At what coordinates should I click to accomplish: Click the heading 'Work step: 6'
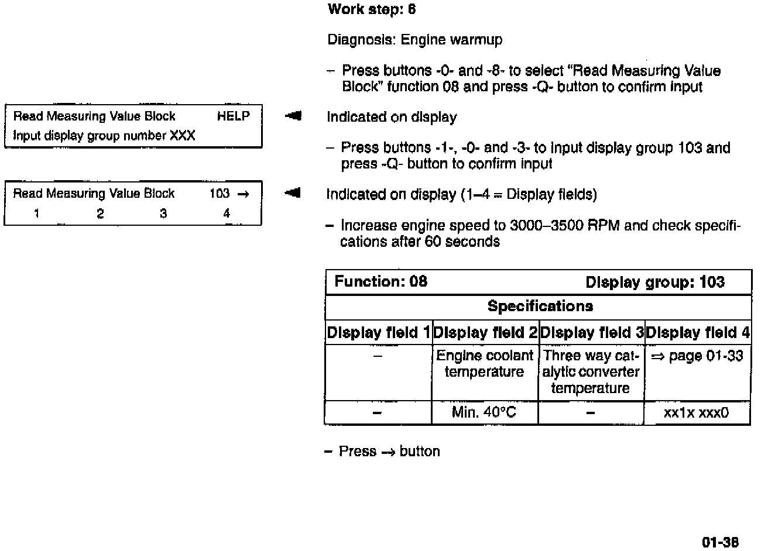pyautogui.click(x=372, y=9)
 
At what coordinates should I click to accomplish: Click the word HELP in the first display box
pyautogui.click(x=233, y=116)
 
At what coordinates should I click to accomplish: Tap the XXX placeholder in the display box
pyautogui.click(x=182, y=136)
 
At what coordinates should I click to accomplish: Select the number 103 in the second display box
pyautogui.click(x=219, y=194)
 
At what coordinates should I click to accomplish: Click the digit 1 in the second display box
pyautogui.click(x=36, y=214)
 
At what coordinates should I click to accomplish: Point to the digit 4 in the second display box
pyautogui.click(x=227, y=214)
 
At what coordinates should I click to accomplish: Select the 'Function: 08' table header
pyautogui.click(x=381, y=282)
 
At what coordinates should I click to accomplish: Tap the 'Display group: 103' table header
pyautogui.click(x=655, y=283)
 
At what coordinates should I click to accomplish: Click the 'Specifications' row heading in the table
pyautogui.click(x=540, y=307)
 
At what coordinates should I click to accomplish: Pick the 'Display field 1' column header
pyautogui.click(x=378, y=333)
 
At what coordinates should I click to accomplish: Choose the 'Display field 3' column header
pyautogui.click(x=591, y=333)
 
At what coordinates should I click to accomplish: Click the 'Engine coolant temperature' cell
pyautogui.click(x=485, y=364)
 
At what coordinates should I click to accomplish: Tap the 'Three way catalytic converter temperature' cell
pyautogui.click(x=591, y=372)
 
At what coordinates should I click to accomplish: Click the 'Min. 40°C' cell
pyautogui.click(x=484, y=413)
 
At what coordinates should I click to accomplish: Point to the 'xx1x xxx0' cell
pyautogui.click(x=697, y=413)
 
